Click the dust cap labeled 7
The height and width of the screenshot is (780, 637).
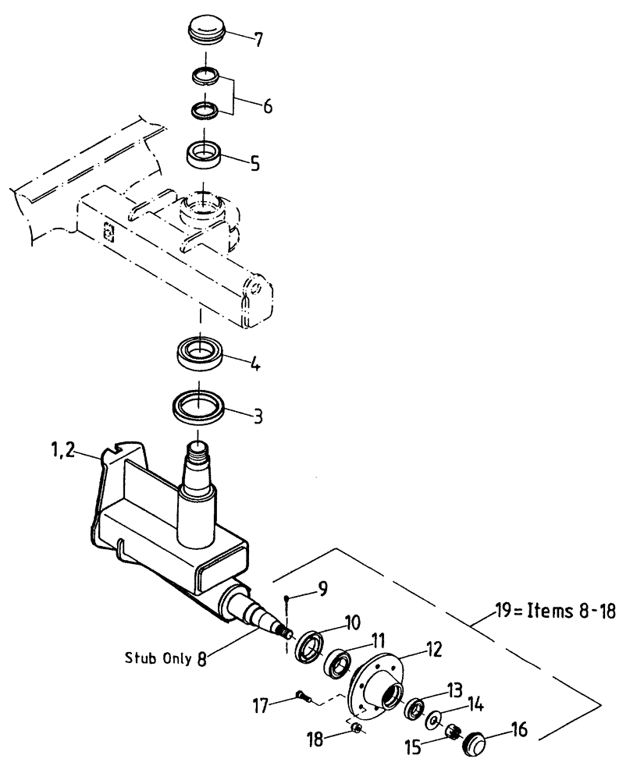coord(206,34)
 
